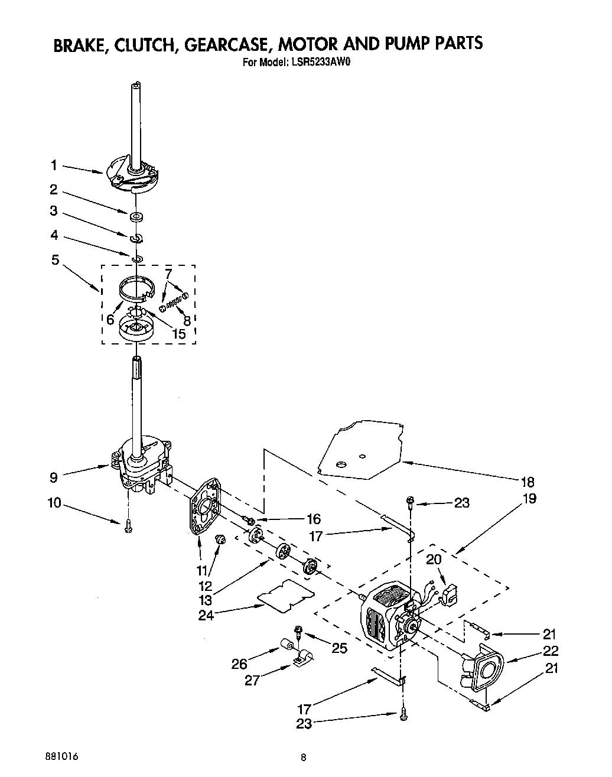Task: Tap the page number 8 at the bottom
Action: pyautogui.click(x=303, y=756)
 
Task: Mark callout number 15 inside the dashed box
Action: pyautogui.click(x=178, y=333)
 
